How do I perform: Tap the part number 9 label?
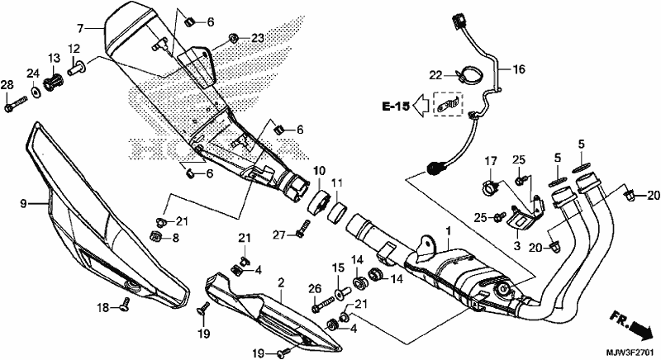coord(23,202)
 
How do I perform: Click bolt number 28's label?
coord(7,86)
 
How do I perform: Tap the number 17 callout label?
coord(489,160)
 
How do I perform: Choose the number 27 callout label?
coord(279,235)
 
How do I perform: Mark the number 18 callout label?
coord(102,307)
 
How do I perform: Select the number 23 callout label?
coord(257,38)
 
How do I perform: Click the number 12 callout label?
coord(74,48)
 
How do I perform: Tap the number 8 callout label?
coord(174,239)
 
